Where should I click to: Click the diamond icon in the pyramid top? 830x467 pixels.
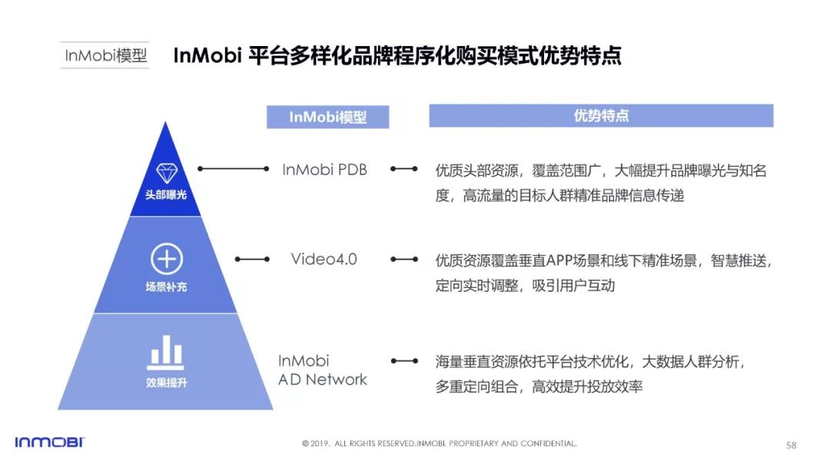coord(167,174)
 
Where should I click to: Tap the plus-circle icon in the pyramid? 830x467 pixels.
coord(167,259)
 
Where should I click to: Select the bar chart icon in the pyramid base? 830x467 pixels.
coord(166,353)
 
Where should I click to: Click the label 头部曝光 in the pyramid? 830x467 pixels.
coord(166,194)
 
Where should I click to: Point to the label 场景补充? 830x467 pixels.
coord(166,286)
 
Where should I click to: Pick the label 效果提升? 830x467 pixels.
coord(166,383)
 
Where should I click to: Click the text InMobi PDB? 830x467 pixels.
coord(324,170)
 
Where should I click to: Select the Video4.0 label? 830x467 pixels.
coord(324,259)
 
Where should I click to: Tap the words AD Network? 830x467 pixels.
coord(322,379)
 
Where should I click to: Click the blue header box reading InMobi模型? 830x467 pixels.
coord(327,117)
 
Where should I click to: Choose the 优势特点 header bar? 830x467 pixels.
coord(601,116)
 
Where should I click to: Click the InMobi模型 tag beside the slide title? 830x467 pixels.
coord(105,55)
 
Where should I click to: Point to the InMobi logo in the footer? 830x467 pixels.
coord(49,442)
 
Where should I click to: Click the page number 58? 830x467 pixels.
coord(792,445)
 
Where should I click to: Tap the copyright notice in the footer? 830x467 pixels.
coord(440,443)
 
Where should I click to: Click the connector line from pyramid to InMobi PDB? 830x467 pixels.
coord(234,169)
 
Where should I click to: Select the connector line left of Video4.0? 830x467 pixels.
coord(253,259)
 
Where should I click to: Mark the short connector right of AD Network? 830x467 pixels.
coord(404,361)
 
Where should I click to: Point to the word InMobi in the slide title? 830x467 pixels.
coord(207,55)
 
